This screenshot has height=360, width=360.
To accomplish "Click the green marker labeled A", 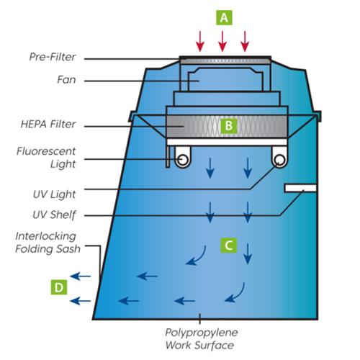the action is (224, 17).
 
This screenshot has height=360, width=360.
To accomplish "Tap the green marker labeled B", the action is (229, 125).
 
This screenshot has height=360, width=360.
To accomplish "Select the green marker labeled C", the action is (229, 246).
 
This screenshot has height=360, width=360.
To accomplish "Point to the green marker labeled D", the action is (59, 287).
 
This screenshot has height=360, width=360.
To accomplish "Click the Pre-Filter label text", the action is (53, 57).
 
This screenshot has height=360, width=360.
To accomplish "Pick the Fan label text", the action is (66, 80).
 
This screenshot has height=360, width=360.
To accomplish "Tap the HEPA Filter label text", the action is (48, 125).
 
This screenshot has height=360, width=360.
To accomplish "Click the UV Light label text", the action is (54, 194).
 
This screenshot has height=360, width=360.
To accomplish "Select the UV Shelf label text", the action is (54, 215).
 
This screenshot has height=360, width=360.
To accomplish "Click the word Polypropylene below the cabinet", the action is (202, 333).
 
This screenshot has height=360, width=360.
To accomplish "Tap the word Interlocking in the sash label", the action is (45, 236).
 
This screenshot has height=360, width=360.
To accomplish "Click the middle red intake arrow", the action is (222, 41).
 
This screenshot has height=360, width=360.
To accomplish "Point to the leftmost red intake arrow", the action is (200, 41).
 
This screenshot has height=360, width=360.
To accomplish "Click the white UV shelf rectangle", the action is (300, 188).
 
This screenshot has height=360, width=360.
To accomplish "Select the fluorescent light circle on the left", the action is (183, 160).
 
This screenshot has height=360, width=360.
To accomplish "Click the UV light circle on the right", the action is (280, 160).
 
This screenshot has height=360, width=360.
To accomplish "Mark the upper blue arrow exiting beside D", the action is (81, 276).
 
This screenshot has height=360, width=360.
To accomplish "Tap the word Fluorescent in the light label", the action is (46, 151).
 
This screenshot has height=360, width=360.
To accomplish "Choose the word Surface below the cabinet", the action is (214, 346).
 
